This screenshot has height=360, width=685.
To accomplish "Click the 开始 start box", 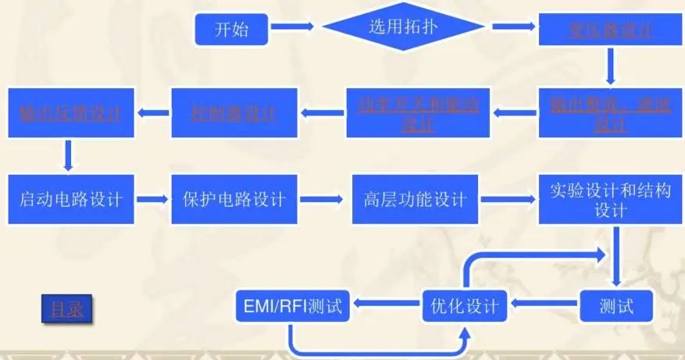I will (x=232, y=30).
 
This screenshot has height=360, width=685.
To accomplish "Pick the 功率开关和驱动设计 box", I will (x=418, y=113).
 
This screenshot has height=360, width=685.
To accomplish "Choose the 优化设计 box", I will (x=465, y=304).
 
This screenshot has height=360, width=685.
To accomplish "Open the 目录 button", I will (x=66, y=309).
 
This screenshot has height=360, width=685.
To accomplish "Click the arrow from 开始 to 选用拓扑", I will (x=293, y=28).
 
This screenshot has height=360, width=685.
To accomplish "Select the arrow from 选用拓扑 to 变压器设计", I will (x=512, y=28).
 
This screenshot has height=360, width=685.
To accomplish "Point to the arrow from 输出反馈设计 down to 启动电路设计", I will (x=69, y=154).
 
